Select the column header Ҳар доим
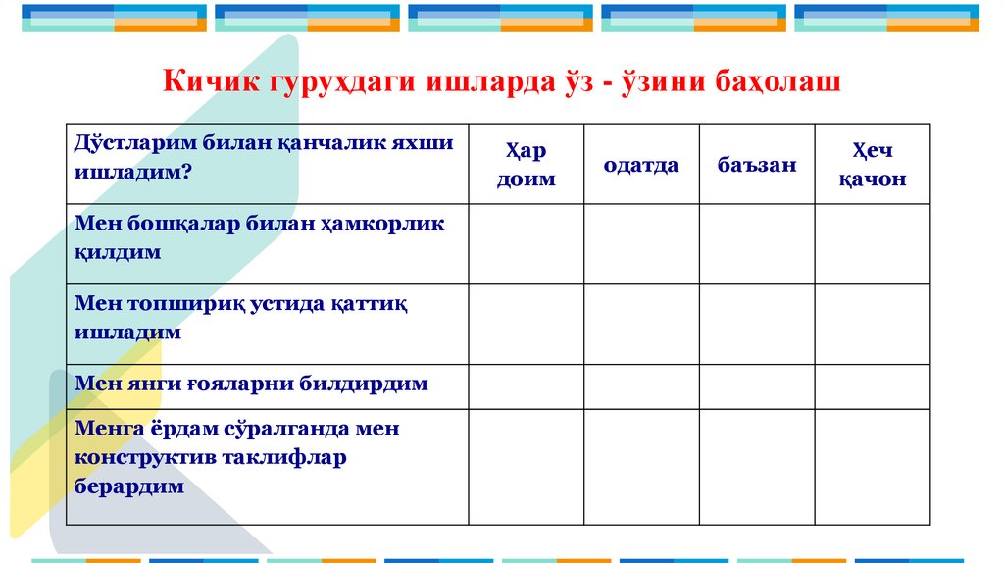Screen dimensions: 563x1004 [x=526, y=165]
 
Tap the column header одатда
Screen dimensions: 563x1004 [x=641, y=165]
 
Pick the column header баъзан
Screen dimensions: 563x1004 [x=756, y=165]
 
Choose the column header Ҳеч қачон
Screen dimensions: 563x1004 [x=872, y=165]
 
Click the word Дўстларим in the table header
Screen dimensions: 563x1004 [x=135, y=143]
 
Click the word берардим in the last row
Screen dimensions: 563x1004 [x=129, y=486]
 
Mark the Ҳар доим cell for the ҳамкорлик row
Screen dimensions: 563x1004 [x=526, y=244]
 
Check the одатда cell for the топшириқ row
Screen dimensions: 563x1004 [x=641, y=325]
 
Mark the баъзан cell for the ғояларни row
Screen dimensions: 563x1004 [x=756, y=386]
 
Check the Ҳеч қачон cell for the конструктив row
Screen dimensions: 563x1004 [x=872, y=467]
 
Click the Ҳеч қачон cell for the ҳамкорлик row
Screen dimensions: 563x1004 [x=872, y=244]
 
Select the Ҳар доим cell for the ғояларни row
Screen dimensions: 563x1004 [x=526, y=386]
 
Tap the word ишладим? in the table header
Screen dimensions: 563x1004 [x=132, y=170]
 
